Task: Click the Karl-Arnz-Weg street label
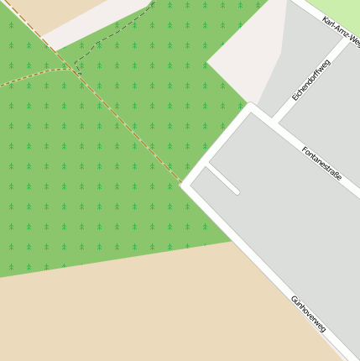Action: coord(341,29)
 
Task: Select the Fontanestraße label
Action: coord(321,162)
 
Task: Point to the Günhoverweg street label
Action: coord(308,313)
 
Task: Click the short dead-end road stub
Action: coord(223,179)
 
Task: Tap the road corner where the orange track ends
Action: coord(183,185)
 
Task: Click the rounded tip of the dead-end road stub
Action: coord(237,192)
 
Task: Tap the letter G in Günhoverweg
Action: coord(295,299)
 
